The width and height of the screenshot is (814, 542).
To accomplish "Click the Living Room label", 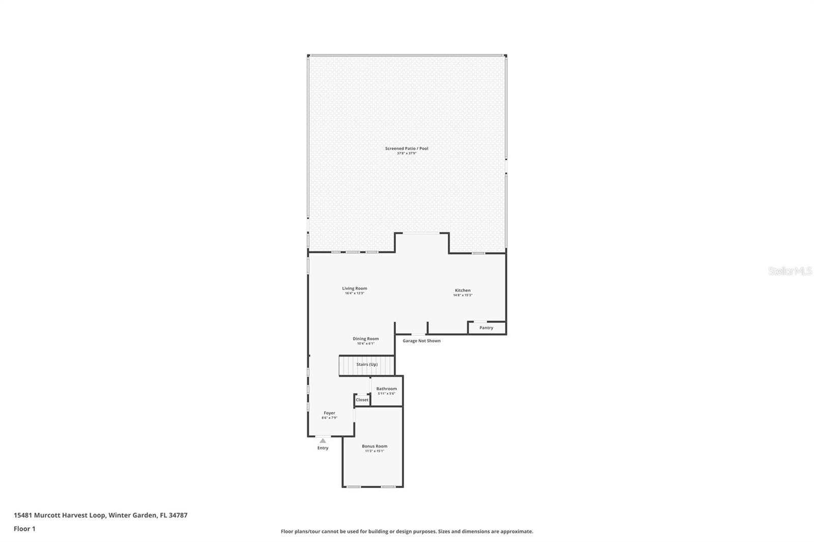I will coord(354,288).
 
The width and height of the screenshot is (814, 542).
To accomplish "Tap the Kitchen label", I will coord(462,290).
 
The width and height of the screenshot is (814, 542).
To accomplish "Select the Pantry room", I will coord(486,328).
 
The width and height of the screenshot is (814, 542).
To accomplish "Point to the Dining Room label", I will coord(366,339).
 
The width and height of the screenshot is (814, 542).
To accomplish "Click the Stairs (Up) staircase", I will coord(367,365).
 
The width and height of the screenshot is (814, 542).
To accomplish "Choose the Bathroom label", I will coord(387,388).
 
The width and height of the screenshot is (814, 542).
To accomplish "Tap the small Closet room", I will coord(362,400).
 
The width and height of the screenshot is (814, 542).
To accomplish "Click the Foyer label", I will coord(329,413).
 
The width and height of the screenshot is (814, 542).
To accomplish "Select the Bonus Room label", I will coord(374,446).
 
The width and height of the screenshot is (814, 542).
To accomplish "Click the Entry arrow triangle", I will coord(323,441).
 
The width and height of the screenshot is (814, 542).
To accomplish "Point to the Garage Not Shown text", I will coord(421,341).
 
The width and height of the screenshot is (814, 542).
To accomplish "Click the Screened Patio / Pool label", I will coord(406,148).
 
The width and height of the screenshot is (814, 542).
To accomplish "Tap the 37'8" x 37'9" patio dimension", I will coord(406,154).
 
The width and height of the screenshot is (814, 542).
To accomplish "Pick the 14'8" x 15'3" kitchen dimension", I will coord(462,295).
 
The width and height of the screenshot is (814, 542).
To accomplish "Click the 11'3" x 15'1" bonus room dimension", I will coord(374,451).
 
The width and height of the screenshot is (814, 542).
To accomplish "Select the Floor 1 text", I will coord(24,529).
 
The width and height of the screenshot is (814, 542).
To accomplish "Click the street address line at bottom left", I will coord(100,515).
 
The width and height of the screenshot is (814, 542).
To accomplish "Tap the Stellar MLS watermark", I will coord(790,272).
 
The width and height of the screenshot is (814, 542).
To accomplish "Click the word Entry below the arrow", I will coord(323,448).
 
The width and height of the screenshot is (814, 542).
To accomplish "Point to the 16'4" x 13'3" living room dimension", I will coord(354,293).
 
